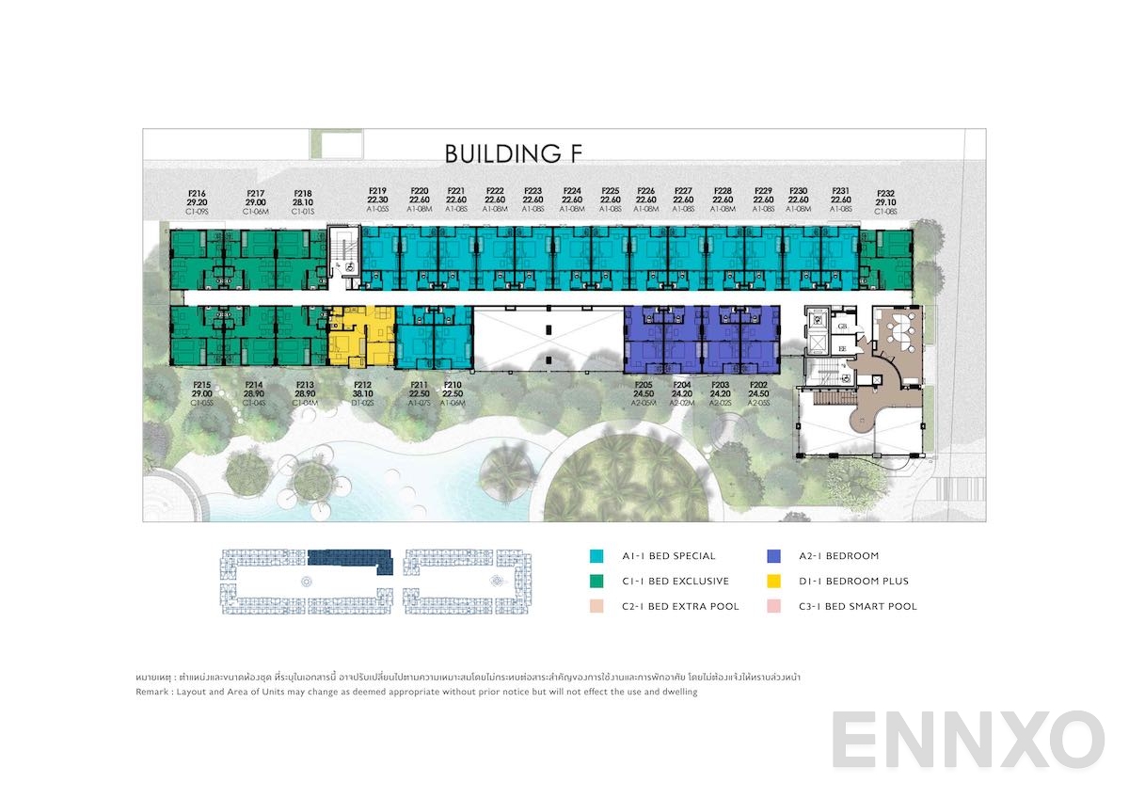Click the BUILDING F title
[515, 153]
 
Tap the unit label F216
[197, 192]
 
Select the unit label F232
[885, 192]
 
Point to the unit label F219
[378, 191]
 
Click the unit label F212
[362, 385]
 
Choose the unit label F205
[644, 385]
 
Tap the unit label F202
[758, 385]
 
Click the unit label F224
[571, 191]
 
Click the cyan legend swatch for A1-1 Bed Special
[596, 556]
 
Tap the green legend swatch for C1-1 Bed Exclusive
[596, 582]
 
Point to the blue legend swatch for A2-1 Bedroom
[773, 556]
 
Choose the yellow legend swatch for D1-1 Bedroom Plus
[773, 582]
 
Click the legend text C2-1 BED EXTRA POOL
[680, 607]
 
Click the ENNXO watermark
[968, 740]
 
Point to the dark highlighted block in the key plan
[348, 557]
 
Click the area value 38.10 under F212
[362, 394]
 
